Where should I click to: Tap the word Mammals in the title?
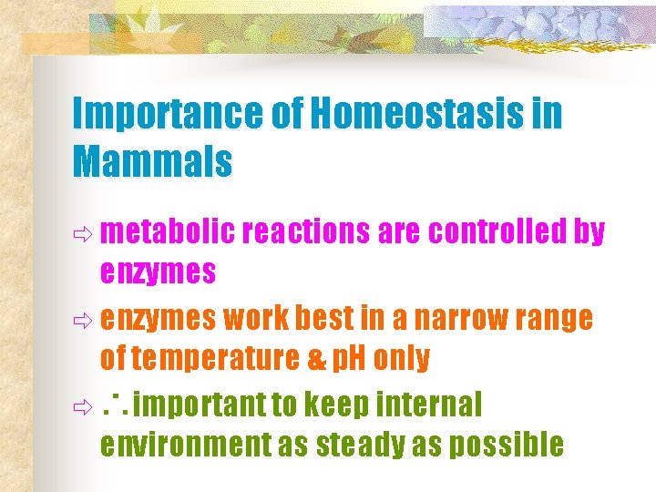pyautogui.click(x=152, y=163)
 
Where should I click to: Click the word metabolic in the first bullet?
pyautogui.click(x=168, y=233)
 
